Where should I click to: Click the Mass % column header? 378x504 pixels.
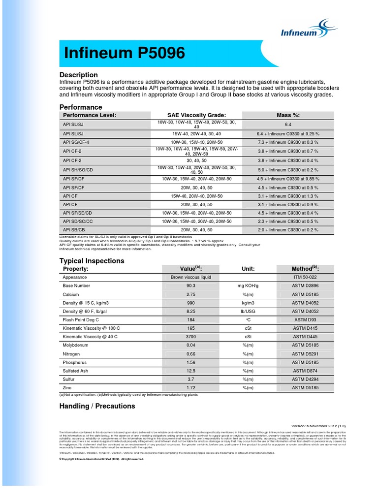coord(288,115)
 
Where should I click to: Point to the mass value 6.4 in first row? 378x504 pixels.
coord(288,125)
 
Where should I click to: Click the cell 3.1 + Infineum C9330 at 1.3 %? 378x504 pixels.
coord(288,196)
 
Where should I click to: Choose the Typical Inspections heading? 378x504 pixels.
coord(92,261)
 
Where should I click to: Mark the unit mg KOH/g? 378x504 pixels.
coord(248,286)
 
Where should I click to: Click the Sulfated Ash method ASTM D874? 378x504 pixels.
coord(306,371)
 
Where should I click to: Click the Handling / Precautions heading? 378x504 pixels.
coord(97,406)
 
